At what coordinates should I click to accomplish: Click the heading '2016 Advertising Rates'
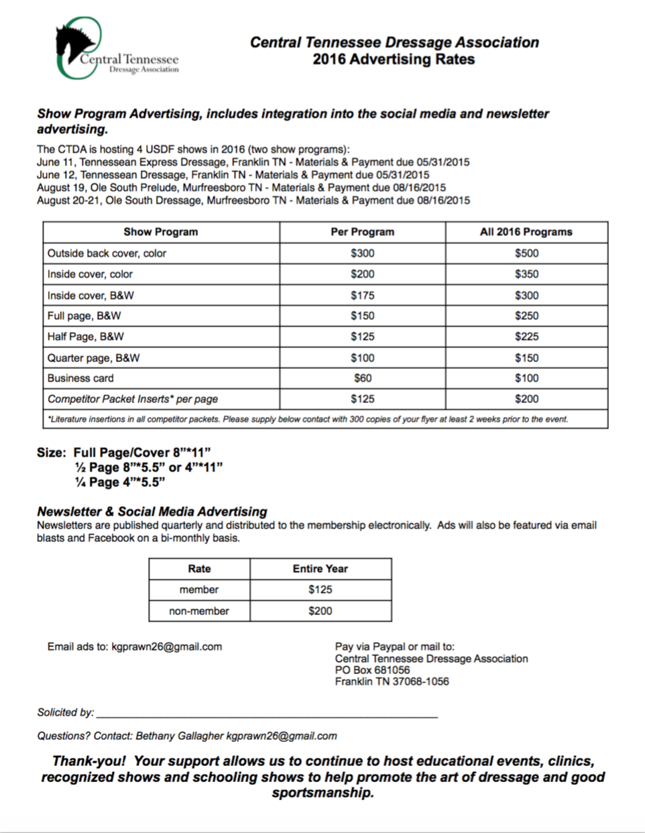click(x=394, y=60)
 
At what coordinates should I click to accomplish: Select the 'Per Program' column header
click(x=362, y=232)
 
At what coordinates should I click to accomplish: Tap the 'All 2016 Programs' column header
click(x=526, y=232)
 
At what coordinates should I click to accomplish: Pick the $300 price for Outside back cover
click(x=362, y=254)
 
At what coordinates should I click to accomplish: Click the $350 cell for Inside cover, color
click(x=526, y=274)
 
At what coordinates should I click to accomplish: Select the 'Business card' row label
click(x=80, y=378)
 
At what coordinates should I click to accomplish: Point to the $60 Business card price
click(x=362, y=378)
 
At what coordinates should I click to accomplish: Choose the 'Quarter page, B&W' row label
click(x=93, y=358)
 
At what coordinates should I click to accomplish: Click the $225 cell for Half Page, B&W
click(x=526, y=337)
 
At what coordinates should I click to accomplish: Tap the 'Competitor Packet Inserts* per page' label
click(x=132, y=399)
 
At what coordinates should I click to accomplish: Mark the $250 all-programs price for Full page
click(x=526, y=316)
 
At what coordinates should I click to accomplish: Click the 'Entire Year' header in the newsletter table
click(x=320, y=569)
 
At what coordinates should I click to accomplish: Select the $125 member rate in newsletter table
click(x=320, y=590)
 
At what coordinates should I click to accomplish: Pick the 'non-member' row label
click(x=198, y=611)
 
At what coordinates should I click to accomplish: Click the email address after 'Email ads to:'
click(x=166, y=647)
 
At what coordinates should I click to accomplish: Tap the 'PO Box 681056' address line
click(x=372, y=670)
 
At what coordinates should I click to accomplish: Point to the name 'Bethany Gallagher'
click(x=179, y=736)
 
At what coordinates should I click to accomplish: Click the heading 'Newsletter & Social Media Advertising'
click(x=152, y=512)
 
